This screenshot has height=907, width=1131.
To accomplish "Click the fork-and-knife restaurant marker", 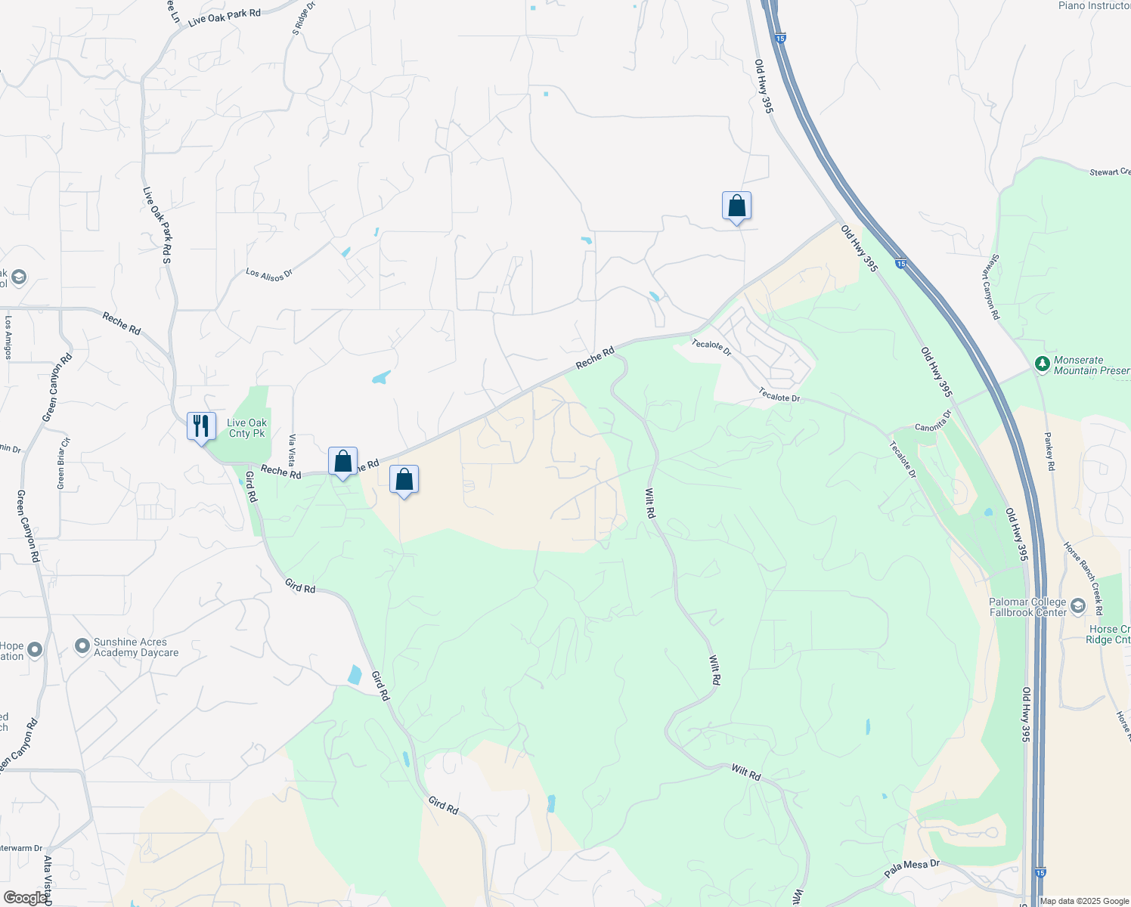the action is click(201, 426).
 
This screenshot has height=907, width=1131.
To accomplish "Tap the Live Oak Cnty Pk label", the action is click(247, 429).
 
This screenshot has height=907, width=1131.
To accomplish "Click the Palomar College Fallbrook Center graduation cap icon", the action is click(1077, 606).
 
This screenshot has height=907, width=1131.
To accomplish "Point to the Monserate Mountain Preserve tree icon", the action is click(1042, 365).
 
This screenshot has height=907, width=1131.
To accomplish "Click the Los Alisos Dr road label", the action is click(268, 274).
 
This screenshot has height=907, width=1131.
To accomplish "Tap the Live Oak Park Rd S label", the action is click(157, 224).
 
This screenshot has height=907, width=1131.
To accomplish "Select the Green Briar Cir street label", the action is click(64, 463).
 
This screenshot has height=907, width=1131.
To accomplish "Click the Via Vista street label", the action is click(292, 450).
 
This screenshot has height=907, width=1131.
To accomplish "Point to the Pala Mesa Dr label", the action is click(912, 868).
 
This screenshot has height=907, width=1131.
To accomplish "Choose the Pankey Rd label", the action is click(1049, 451).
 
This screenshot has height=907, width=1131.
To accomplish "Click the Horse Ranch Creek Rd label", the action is click(1083, 577).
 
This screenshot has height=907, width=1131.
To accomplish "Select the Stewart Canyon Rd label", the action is click(991, 286).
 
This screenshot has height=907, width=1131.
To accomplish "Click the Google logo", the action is click(24, 897).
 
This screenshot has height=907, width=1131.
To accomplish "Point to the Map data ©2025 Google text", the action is click(1084, 901).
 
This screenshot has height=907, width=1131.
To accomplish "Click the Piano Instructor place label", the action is click(1094, 6).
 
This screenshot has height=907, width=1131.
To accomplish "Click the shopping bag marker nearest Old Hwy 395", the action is click(736, 206).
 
